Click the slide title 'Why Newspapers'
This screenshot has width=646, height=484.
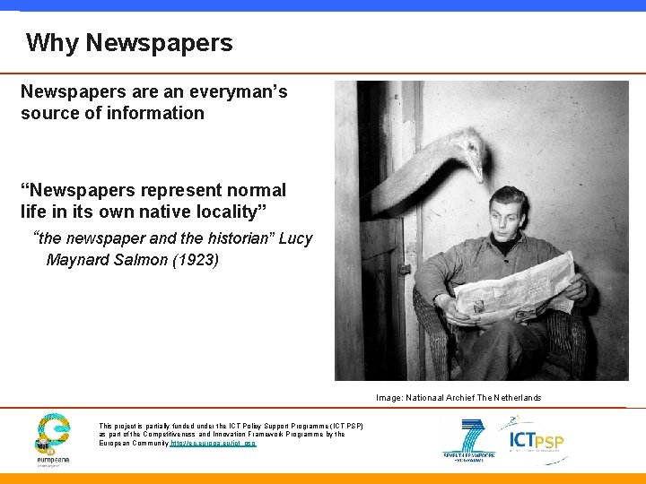(129, 42)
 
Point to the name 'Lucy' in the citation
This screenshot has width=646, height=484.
(295, 238)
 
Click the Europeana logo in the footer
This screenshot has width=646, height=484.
(53, 438)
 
